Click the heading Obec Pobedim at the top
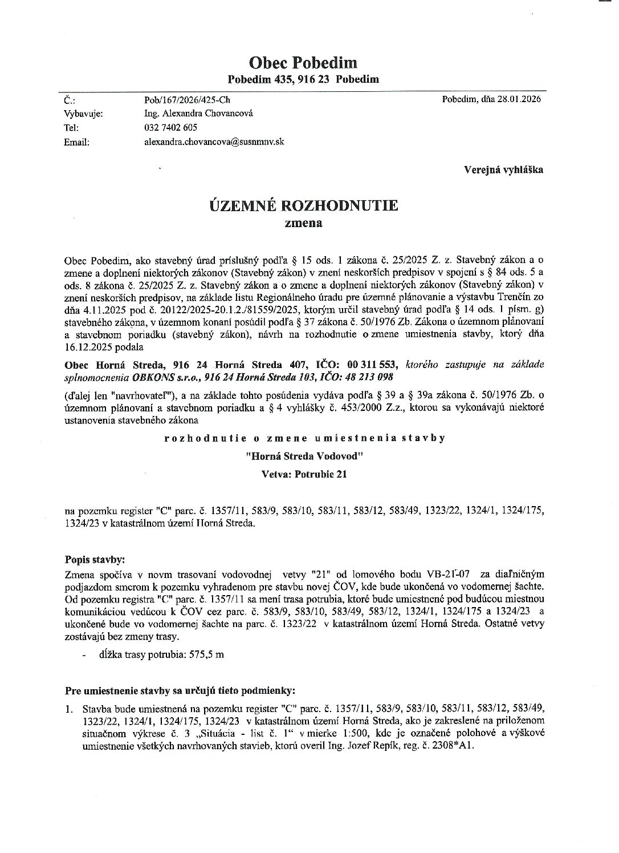(303, 62)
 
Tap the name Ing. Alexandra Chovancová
(199, 114)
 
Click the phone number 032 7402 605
(171, 128)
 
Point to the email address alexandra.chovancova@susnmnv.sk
(214, 142)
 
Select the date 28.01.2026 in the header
(519, 99)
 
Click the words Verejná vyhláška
(503, 169)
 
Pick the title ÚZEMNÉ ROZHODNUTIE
(303, 205)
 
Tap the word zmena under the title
(303, 223)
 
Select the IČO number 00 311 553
(371, 365)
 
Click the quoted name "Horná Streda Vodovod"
(303, 456)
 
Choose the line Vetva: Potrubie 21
(303, 474)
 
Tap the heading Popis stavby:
(95, 559)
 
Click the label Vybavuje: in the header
(83, 114)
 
